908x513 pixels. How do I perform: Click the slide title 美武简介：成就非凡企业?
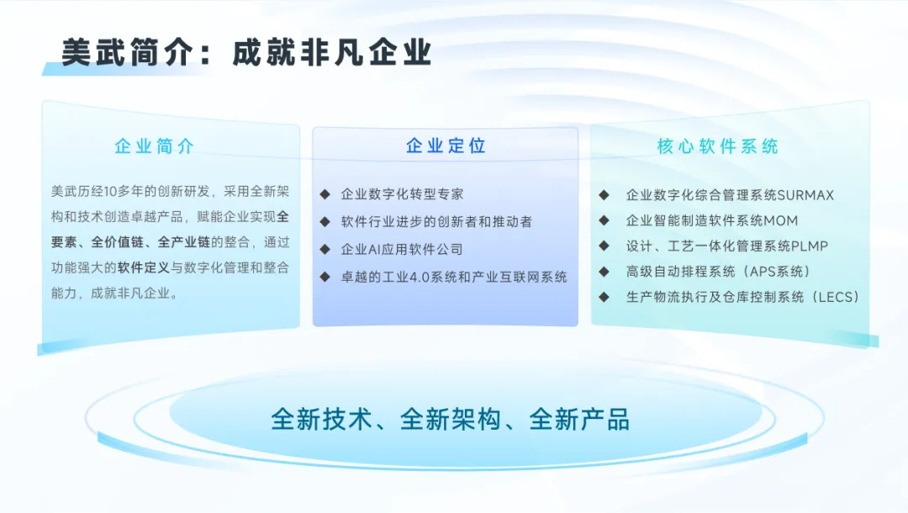pos(246,53)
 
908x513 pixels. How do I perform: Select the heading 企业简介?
pos(154,146)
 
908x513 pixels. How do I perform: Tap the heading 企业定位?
pos(446,145)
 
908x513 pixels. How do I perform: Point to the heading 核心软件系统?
pos(717,146)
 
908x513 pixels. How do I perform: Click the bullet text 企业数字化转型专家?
pos(402,194)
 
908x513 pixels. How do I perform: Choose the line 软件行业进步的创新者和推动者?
pos(436,222)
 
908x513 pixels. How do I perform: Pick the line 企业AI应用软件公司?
pos(402,250)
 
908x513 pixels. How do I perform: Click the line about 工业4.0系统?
pos(453,278)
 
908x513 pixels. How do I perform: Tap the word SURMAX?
pos(805,195)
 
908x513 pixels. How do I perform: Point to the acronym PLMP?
pos(810,246)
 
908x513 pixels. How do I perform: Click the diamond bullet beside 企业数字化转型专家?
pos(325,194)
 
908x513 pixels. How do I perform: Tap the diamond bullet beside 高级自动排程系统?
pos(604,272)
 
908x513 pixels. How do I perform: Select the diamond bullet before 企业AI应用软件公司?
pos(325,250)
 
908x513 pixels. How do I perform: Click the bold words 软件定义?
pos(144,267)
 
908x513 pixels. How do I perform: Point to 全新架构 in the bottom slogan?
pos(451,419)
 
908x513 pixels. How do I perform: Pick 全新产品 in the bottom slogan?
pos(579,419)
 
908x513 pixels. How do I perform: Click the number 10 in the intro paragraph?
pos(110,192)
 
